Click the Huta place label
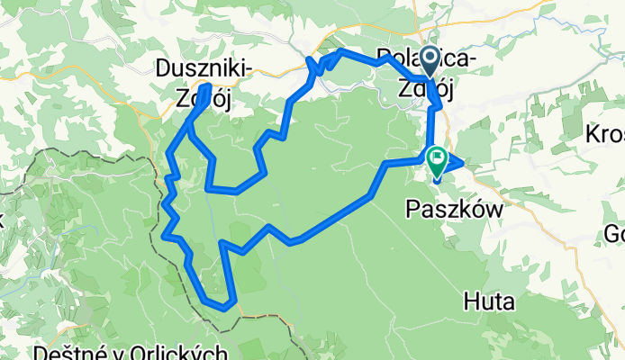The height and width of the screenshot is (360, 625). click(489, 303)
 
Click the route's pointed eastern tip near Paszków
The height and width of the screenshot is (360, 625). click(462, 163)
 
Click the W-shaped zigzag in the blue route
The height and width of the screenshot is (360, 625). click(316, 66)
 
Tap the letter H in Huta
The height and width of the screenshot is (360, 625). click(470, 303)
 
